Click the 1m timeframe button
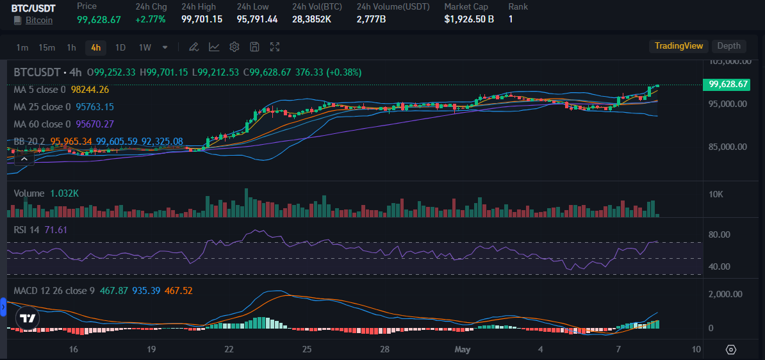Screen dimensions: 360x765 (x=22, y=47)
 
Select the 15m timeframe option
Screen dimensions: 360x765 (x=47, y=47)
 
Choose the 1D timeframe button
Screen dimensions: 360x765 (x=120, y=47)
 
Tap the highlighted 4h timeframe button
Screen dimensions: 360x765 (x=95, y=47)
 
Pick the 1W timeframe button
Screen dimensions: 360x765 (x=145, y=47)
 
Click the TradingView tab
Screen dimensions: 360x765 (x=679, y=46)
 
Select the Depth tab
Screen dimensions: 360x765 (x=728, y=46)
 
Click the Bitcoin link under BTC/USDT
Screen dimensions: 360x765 (x=39, y=20)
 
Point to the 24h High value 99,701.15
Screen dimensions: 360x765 (x=202, y=19)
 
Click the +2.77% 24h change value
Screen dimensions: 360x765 (x=150, y=19)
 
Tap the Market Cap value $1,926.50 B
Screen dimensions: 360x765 (x=469, y=19)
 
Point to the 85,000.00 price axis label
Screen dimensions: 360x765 (x=727, y=147)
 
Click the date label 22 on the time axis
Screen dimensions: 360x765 (x=229, y=350)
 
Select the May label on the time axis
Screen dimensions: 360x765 (x=462, y=350)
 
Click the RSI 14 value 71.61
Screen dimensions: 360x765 (x=56, y=229)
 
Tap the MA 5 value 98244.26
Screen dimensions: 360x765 (x=90, y=90)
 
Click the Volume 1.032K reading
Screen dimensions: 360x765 (x=64, y=193)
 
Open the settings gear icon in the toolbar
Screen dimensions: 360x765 (x=234, y=47)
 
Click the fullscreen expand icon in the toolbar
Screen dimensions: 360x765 (x=275, y=47)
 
